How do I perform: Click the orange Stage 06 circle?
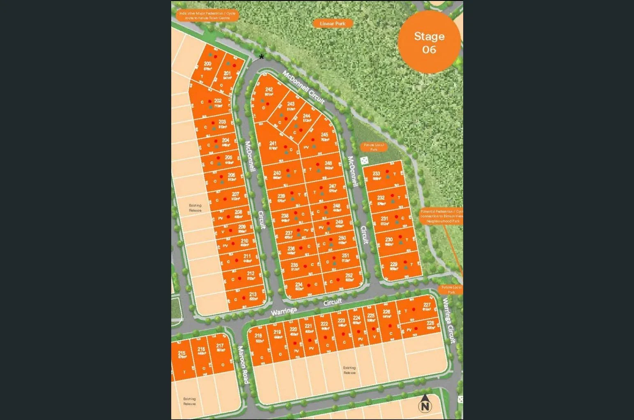[429, 43]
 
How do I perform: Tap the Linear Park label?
[333, 23]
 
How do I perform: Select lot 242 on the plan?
[269, 92]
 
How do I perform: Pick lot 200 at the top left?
[208, 66]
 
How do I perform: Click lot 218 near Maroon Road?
[259, 338]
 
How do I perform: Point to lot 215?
[182, 355]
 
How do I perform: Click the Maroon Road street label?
[243, 365]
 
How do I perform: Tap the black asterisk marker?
[262, 57]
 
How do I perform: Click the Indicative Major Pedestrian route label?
[207, 16]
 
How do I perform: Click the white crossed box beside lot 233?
[364, 160]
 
